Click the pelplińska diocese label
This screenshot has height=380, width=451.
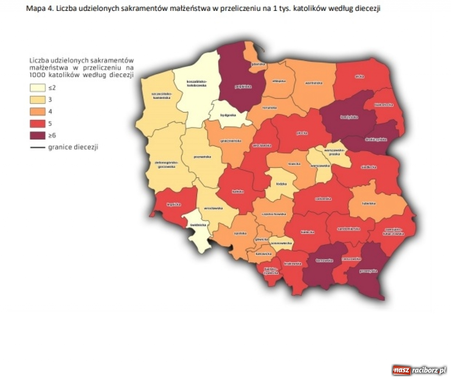pyautogui.click(x=243, y=86)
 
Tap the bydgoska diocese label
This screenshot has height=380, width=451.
pyautogui.click(x=228, y=115)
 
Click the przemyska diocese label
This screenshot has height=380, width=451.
pyautogui.click(x=368, y=271)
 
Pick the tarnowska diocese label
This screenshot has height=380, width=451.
pyautogui.click(x=325, y=261)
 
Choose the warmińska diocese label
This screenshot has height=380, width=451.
pyautogui.click(x=314, y=83)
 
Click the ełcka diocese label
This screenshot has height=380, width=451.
pyautogui.click(x=359, y=76)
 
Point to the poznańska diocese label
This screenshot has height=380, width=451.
pyautogui.click(x=203, y=157)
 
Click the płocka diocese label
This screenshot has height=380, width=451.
pyautogui.click(x=302, y=133)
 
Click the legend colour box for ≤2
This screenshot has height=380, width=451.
pyautogui.click(x=38, y=88)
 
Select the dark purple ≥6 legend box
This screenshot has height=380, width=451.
pyautogui.click(x=38, y=135)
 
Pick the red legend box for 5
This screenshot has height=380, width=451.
pyautogui.click(x=38, y=123)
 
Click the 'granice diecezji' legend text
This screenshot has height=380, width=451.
pyautogui.click(x=73, y=147)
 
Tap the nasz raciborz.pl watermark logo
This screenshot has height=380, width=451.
pyautogui.click(x=419, y=370)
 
